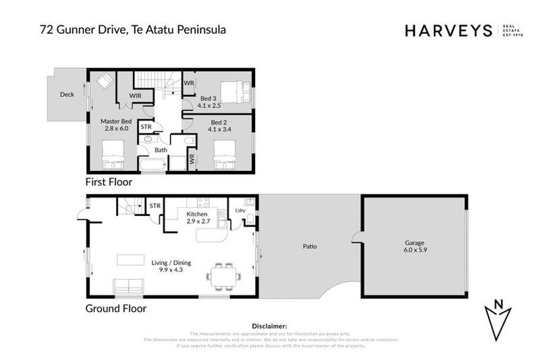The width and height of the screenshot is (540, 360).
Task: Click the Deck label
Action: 67,94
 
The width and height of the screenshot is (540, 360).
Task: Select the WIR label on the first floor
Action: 136,96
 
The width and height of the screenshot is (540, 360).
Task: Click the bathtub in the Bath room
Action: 153,166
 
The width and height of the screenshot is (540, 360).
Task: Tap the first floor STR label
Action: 146,127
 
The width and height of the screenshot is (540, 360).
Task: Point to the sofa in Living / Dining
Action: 130,286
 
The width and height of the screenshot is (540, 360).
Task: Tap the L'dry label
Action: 240,210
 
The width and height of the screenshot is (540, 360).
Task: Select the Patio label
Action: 310,246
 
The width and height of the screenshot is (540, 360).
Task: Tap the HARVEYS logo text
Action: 449,30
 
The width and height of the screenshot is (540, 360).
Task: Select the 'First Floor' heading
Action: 108,181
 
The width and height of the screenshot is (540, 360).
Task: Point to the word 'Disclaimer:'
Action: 269,326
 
